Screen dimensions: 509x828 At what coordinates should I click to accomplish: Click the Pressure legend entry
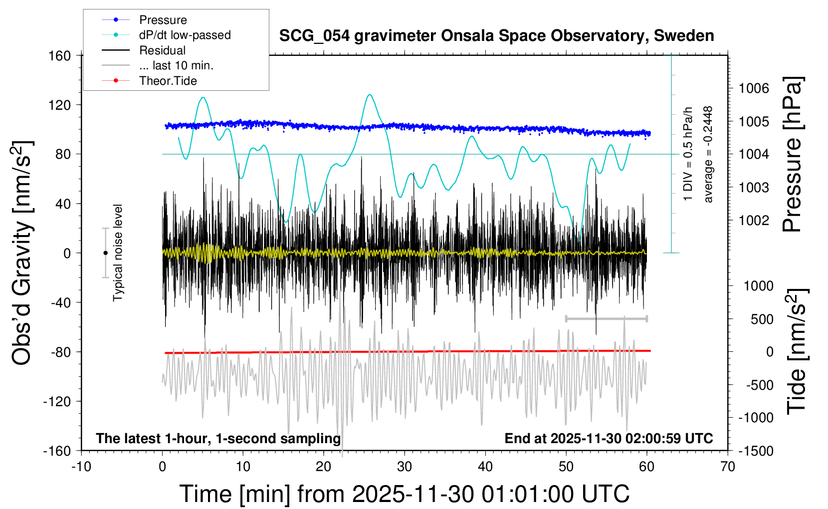163,20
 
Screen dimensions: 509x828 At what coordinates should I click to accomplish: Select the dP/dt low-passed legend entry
185,35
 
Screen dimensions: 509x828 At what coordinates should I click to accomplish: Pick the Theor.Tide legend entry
168,81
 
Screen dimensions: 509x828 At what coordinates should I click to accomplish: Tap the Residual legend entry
162,50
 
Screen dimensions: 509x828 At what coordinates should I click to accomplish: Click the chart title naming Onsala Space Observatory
496,36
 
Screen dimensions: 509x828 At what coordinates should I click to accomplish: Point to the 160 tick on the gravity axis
59,55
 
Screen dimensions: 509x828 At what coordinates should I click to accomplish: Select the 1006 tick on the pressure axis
754,88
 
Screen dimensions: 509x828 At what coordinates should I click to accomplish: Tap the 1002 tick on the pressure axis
754,220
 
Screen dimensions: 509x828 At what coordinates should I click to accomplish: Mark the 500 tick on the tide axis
762,319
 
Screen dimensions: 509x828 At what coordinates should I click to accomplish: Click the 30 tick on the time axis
405,467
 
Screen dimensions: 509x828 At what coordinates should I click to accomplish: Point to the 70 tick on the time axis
728,467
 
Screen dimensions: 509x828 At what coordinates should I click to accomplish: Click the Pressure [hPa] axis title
792,154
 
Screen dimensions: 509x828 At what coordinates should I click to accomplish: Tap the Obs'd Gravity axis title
22,253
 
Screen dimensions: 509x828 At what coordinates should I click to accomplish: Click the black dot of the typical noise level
105,253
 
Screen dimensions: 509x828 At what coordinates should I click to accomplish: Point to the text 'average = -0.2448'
708,154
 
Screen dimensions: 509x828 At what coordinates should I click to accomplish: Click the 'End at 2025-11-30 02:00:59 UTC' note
609,439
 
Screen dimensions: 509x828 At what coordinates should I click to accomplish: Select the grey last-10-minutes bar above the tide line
606,318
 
